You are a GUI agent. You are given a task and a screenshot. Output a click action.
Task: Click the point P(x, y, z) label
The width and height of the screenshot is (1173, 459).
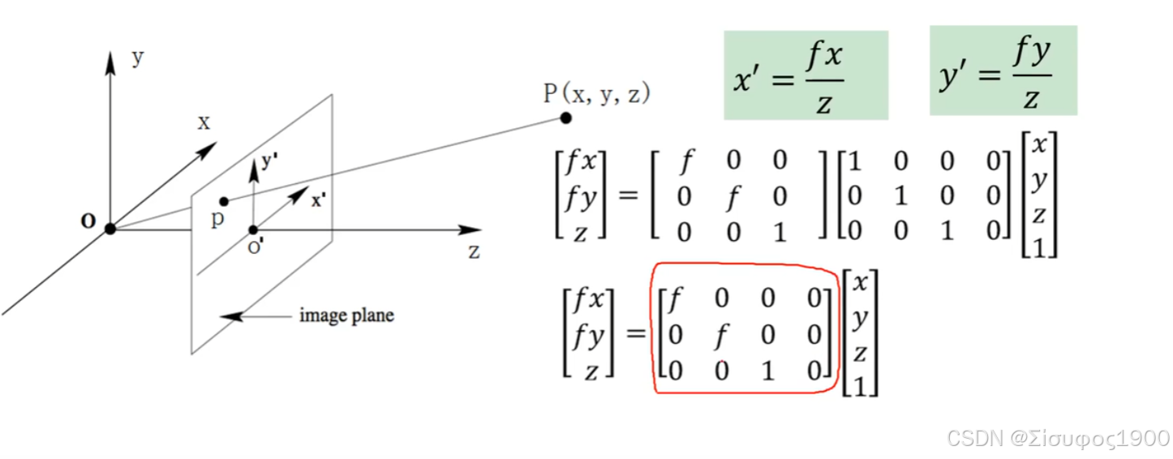pyautogui.click(x=596, y=93)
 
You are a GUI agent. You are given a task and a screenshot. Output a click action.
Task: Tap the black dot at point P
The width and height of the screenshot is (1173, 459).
pyautogui.click(x=565, y=118)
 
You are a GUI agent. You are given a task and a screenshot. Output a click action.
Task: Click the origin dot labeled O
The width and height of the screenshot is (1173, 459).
pyautogui.click(x=110, y=229)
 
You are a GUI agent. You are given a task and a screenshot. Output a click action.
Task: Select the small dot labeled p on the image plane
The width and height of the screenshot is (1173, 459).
pyautogui.click(x=224, y=201)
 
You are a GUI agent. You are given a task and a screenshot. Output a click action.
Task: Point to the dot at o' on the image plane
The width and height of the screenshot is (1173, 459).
pyautogui.click(x=253, y=229)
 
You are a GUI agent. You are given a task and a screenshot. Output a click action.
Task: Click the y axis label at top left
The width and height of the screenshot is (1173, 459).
pyautogui.click(x=137, y=58)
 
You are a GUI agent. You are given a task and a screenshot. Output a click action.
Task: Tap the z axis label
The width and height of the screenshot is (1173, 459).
pyautogui.click(x=474, y=251)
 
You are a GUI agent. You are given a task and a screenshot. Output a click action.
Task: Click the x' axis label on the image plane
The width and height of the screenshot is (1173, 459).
pyautogui.click(x=319, y=200)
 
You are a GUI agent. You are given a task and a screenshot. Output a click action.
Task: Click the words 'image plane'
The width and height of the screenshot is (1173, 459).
pyautogui.click(x=346, y=315)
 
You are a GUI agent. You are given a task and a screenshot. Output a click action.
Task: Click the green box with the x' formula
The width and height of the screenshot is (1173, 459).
pyautogui.click(x=806, y=75)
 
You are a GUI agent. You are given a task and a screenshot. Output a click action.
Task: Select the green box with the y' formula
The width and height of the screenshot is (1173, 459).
pyautogui.click(x=1003, y=71)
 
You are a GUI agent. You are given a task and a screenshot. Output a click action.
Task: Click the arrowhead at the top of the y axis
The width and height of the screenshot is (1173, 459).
pyautogui.click(x=110, y=60)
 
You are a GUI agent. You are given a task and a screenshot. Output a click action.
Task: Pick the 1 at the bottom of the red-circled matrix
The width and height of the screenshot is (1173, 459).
pyautogui.click(x=767, y=371)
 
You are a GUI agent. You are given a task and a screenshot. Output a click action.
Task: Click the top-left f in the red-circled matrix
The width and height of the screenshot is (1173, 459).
pyautogui.click(x=673, y=300)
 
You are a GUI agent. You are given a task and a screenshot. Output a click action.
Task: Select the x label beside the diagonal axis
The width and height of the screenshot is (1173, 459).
pyautogui.click(x=203, y=122)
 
